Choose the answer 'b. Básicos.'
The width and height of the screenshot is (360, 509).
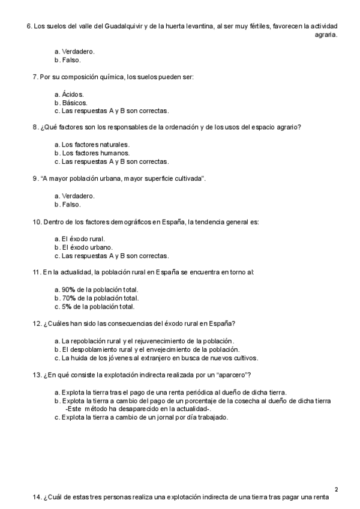(70, 103)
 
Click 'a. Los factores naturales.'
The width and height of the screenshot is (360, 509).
(91, 145)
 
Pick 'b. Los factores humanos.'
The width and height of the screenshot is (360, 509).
(91, 153)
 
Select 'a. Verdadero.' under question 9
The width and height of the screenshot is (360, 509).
(74, 196)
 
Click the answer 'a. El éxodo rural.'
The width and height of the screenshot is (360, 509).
(83, 238)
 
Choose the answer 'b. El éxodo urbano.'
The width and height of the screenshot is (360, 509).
(86, 247)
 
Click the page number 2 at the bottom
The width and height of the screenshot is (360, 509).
(336, 489)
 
